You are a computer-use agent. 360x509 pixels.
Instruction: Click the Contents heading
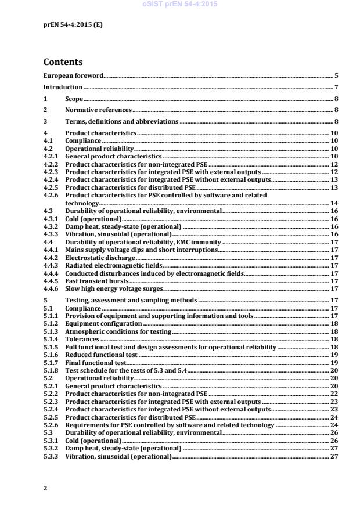(x=63, y=62)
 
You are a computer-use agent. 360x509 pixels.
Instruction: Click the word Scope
(x=74, y=99)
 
